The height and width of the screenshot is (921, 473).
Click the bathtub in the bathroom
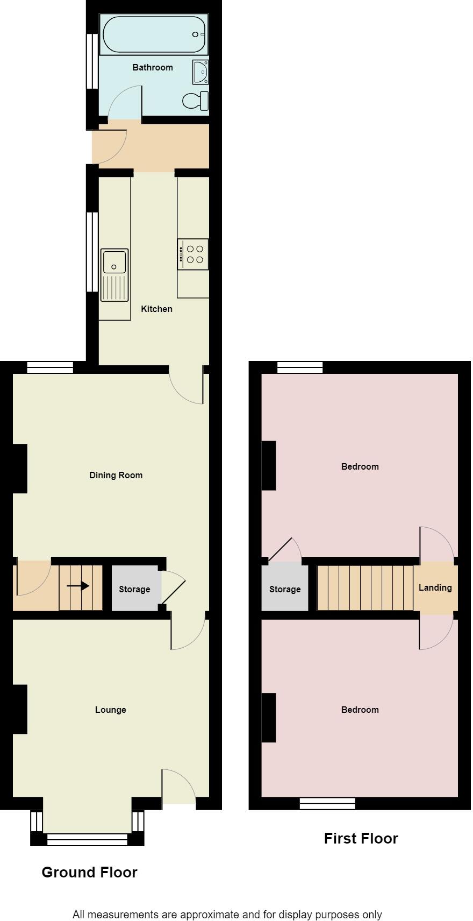pos(154,34)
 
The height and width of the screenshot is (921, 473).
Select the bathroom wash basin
pos(200,72)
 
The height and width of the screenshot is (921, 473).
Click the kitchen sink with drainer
pos(114,274)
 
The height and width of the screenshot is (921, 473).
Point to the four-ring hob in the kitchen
pos(193,254)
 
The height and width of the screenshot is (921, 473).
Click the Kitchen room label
pos(156,309)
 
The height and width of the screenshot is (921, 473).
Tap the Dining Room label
pos(116,475)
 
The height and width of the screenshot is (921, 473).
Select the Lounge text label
pos(110,710)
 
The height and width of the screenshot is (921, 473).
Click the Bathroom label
pos(153,67)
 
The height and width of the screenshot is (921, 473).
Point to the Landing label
pos(435,587)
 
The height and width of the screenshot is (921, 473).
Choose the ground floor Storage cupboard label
pos(134,589)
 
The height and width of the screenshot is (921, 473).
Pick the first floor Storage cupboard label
pos(285,589)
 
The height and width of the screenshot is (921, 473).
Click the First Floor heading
pos(361,838)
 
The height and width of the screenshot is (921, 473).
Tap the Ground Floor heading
pos(89,872)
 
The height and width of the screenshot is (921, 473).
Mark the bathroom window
pos(92,61)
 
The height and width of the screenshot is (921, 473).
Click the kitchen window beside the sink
pos(92,252)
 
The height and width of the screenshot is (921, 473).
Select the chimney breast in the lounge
pos(20,709)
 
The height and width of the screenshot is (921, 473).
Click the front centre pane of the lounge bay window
pos(87,839)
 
